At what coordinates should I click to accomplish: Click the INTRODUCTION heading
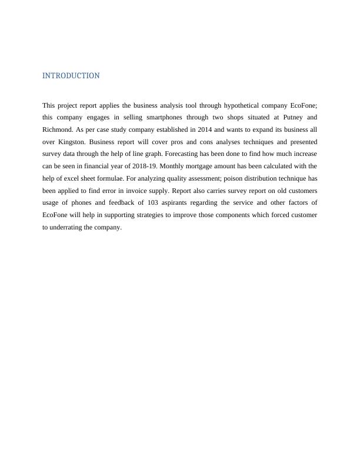point(71,76)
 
